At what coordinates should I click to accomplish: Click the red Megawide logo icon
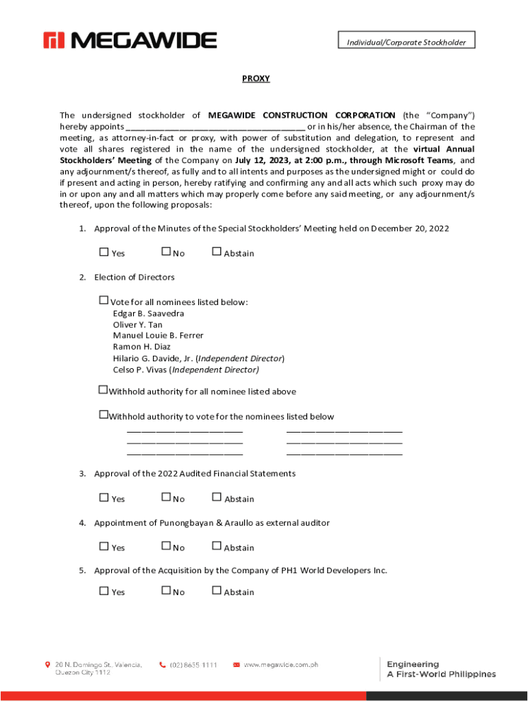point(54,40)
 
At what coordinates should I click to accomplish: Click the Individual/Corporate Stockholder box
point(406,42)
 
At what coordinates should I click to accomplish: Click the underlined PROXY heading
point(256,79)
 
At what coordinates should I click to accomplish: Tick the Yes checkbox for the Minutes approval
point(104,252)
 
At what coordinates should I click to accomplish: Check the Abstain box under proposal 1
point(217,252)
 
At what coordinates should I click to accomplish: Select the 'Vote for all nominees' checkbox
point(104,300)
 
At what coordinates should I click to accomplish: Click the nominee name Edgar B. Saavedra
point(148,313)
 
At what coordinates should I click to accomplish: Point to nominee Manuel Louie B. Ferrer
point(158,336)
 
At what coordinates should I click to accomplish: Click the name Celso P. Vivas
point(140,370)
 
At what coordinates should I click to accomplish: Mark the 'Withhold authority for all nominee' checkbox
point(104,390)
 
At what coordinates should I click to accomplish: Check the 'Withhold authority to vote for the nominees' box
point(104,415)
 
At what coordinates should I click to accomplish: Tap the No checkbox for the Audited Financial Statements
point(166,498)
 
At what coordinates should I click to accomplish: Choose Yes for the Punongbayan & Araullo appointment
point(104,546)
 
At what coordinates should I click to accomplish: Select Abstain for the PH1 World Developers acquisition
point(217,590)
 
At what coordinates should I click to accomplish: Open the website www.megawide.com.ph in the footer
point(281,665)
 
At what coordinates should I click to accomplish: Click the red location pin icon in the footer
point(47,665)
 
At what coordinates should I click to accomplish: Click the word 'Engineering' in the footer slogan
point(413,664)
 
